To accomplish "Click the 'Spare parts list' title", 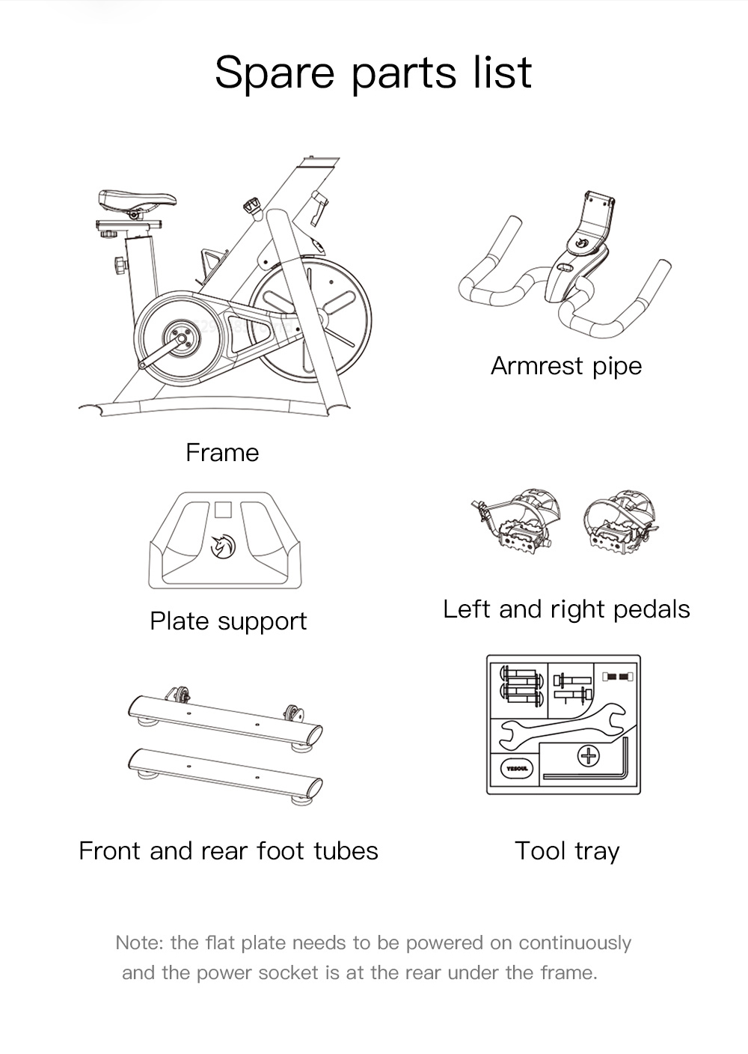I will (x=373, y=73).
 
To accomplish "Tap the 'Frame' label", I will (x=222, y=453).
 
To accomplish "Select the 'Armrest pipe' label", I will (x=566, y=366).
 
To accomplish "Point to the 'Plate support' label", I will (x=228, y=621).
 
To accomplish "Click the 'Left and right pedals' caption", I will (x=566, y=609).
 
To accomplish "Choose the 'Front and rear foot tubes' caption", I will (x=228, y=851).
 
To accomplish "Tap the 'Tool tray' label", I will (x=567, y=851).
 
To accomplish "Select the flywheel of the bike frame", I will (x=310, y=318).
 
